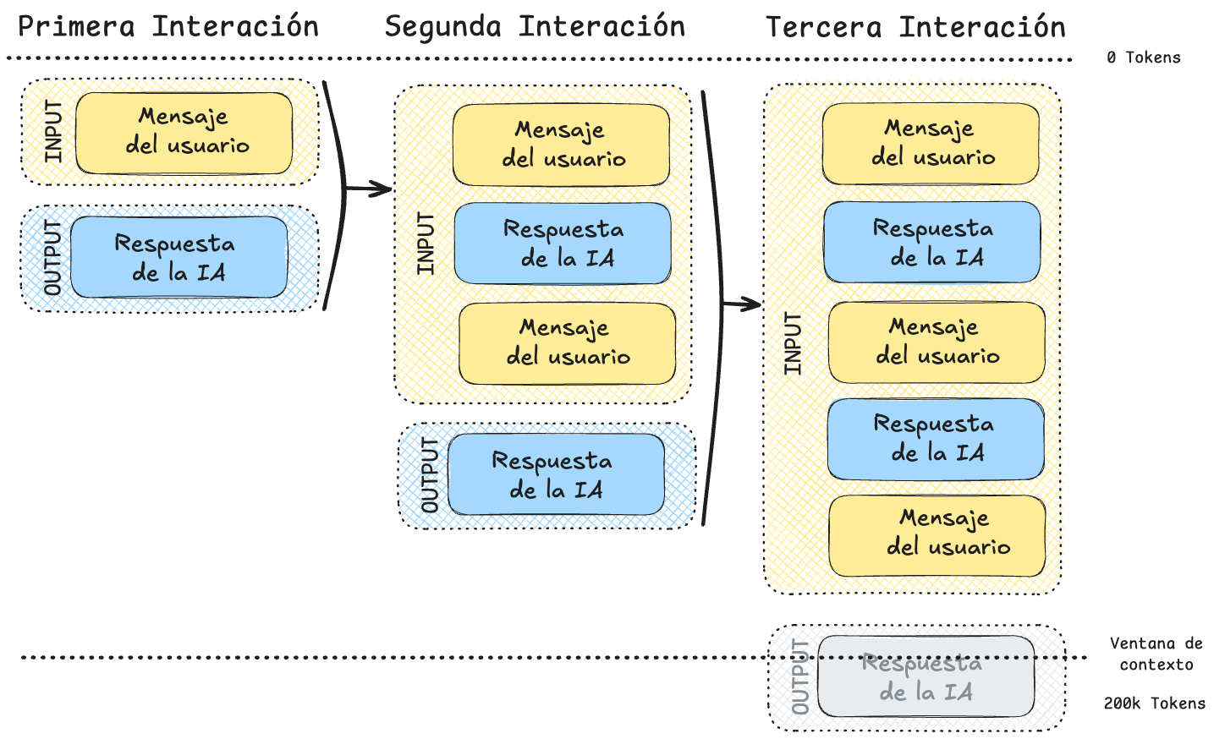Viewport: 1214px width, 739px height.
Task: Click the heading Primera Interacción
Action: pyautogui.click(x=168, y=27)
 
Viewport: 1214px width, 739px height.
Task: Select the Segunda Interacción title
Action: pyautogui.click(x=535, y=27)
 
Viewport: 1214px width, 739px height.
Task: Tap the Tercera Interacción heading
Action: pyautogui.click(x=915, y=27)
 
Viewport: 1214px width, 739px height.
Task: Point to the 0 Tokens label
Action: pyautogui.click(x=1143, y=57)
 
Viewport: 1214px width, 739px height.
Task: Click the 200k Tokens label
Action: pyautogui.click(x=1154, y=703)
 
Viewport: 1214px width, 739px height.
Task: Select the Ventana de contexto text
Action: pyautogui.click(x=1156, y=654)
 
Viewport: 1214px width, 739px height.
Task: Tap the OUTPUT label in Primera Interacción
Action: pyautogui.click(x=53, y=258)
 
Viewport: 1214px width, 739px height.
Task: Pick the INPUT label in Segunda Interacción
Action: pyautogui.click(x=426, y=244)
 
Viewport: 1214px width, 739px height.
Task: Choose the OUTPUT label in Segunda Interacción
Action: pyautogui.click(x=430, y=475)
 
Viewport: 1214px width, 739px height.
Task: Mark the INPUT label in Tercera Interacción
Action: pyautogui.click(x=792, y=343)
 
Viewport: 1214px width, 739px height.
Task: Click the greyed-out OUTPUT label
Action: pyautogui.click(x=799, y=676)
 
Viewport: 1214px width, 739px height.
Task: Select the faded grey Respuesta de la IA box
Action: pyautogui.click(x=926, y=676)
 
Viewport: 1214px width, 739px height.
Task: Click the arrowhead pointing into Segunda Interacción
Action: pyautogui.click(x=384, y=189)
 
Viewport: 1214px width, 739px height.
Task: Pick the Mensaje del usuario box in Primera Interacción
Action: pyautogui.click(x=184, y=133)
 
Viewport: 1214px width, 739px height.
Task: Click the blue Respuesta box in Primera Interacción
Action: pyautogui.click(x=179, y=257)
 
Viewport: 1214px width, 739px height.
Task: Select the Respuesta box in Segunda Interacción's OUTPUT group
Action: pyautogui.click(x=556, y=474)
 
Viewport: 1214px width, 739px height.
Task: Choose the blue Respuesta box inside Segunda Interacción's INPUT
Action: pyautogui.click(x=563, y=244)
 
